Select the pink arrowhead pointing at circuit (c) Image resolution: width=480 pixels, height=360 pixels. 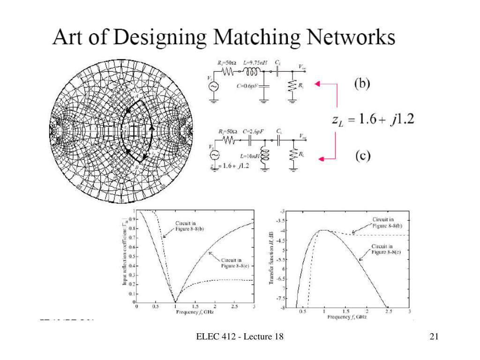pos(321,159)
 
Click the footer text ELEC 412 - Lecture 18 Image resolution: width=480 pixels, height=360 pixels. pos(240,336)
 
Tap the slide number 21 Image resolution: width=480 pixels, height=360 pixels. pos(433,336)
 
